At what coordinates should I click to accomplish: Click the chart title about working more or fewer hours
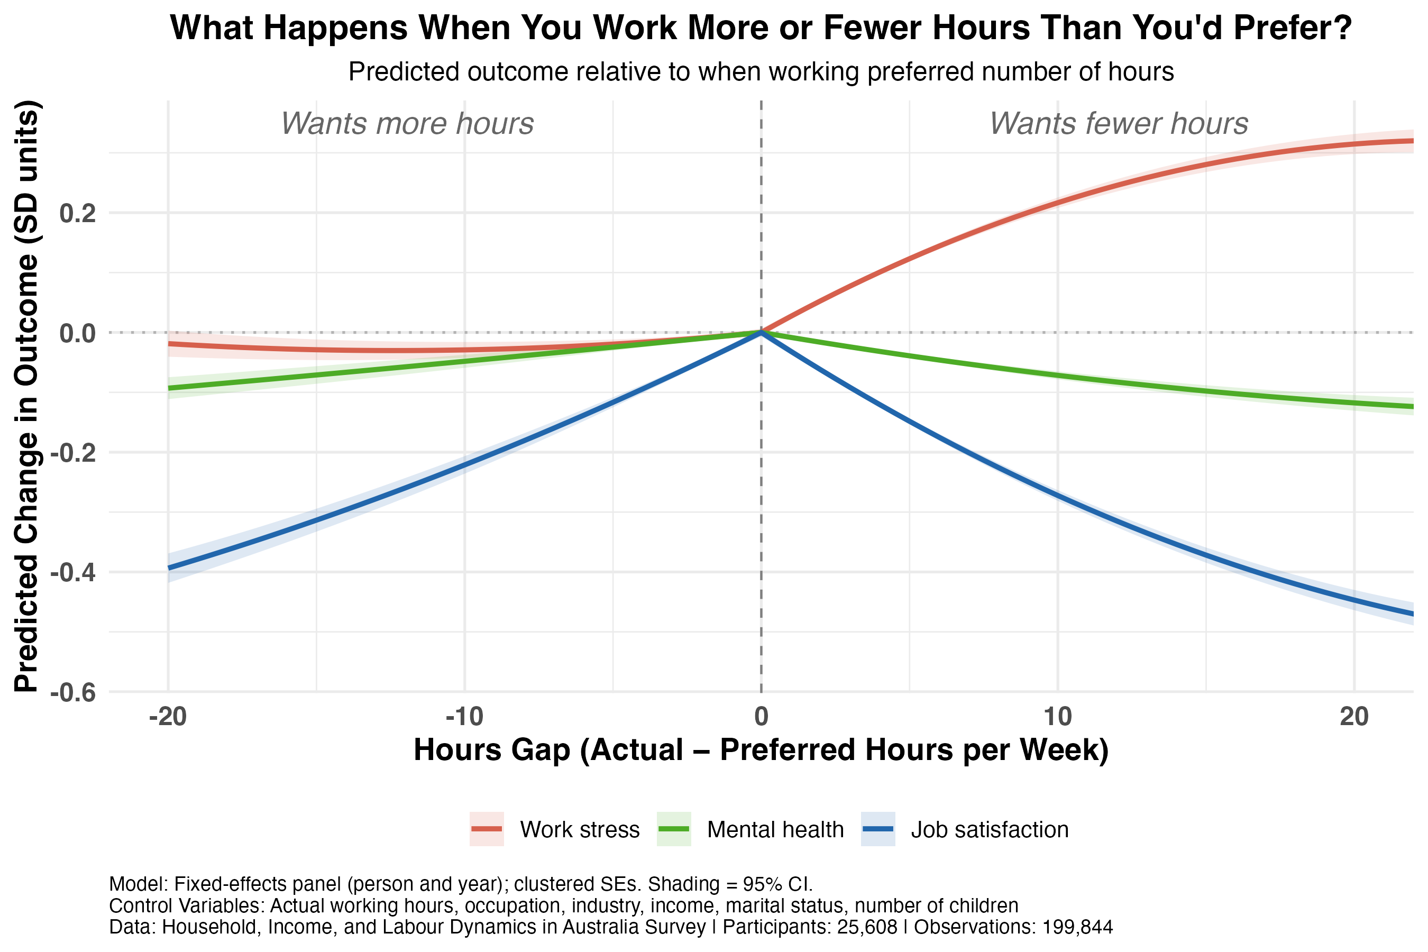(x=761, y=28)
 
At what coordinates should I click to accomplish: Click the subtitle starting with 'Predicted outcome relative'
(x=761, y=72)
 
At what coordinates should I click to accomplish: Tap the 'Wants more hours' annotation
(x=407, y=124)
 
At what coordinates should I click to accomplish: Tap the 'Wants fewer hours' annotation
(x=1119, y=124)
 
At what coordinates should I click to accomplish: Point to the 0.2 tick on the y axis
(x=78, y=214)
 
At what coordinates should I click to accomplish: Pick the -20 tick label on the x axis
(x=168, y=717)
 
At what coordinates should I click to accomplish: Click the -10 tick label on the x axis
(x=464, y=717)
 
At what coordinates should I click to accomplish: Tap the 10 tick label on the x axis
(x=1058, y=717)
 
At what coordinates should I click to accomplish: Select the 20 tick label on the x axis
(x=1354, y=717)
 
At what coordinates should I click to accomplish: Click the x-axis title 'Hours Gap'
(x=761, y=750)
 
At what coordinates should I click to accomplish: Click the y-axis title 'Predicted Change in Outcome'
(x=27, y=396)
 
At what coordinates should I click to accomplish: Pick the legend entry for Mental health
(x=750, y=829)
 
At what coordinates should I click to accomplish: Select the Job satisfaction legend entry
(x=965, y=829)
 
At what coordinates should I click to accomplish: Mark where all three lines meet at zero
(x=761, y=332)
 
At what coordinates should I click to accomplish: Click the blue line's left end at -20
(x=169, y=567)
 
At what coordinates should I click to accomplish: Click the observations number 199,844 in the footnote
(x=1078, y=927)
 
